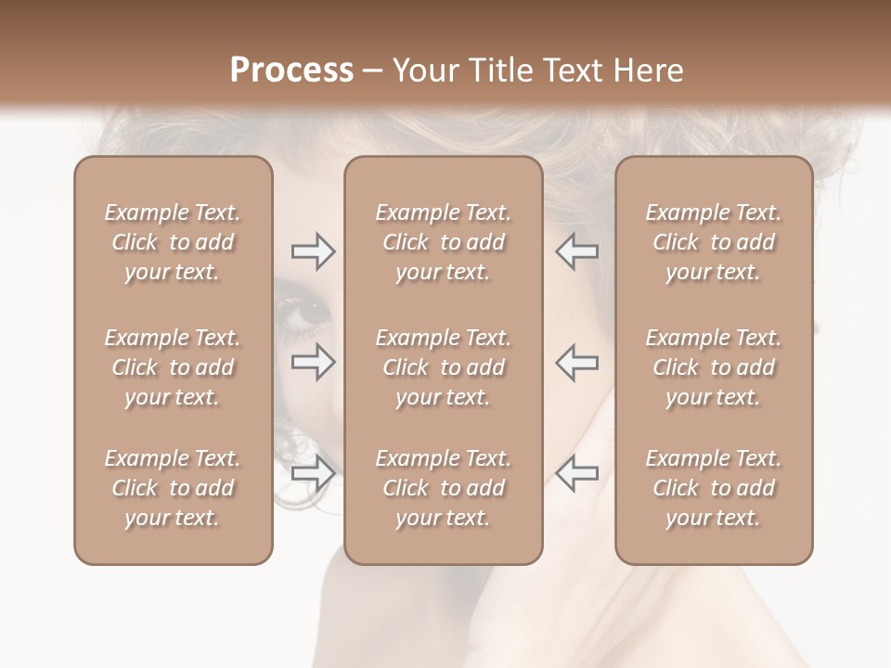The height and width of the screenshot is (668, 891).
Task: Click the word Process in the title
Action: (291, 71)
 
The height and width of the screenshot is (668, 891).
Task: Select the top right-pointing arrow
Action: (313, 251)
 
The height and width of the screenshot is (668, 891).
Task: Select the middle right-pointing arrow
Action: (313, 362)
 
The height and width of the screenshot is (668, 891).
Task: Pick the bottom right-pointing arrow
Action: (313, 472)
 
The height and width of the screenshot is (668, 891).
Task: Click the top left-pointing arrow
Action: (577, 251)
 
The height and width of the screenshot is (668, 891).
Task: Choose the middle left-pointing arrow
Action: (577, 362)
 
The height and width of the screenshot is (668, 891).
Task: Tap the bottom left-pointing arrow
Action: (577, 472)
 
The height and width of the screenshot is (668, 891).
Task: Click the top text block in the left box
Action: (173, 242)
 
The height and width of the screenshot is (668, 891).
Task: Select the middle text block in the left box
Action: (173, 367)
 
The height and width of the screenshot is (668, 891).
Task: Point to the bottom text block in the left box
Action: (173, 488)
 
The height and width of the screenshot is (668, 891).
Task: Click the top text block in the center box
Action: (443, 242)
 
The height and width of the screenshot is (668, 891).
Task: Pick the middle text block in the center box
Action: (443, 367)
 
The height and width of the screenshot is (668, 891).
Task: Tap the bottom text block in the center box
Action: (443, 488)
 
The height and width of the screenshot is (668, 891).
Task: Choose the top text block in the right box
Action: (713, 242)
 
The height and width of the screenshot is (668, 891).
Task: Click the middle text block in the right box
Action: (713, 367)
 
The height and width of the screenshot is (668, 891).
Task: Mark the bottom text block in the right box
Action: (713, 488)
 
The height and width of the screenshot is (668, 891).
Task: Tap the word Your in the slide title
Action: (427, 71)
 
